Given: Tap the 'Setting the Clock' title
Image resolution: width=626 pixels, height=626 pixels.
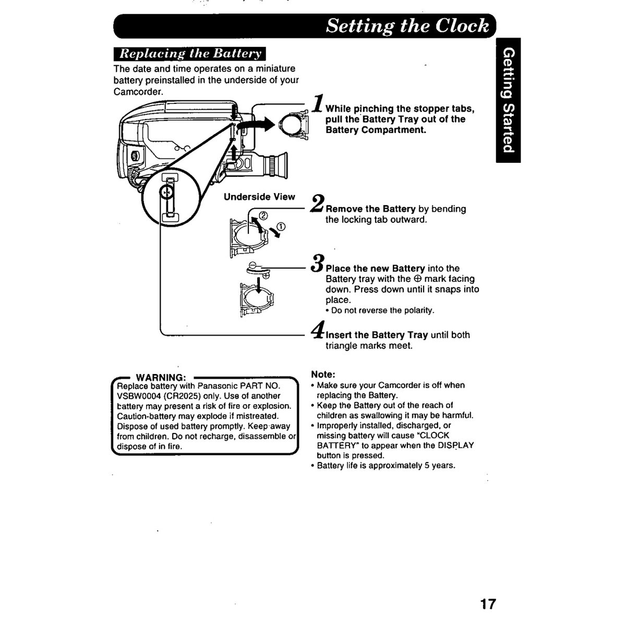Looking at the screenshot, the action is point(407,26).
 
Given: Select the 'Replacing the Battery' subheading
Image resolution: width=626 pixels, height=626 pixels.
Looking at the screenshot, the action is point(190,54).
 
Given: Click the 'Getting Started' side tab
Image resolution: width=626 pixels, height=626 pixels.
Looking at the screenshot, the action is point(508,100).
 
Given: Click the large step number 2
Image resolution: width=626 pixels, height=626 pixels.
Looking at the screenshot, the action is point(317,203).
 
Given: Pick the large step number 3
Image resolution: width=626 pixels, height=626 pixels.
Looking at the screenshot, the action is point(317,263).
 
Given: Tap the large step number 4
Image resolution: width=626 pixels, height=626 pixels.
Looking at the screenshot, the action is point(318,329).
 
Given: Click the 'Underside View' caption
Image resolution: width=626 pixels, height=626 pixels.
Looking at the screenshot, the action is point(259,197).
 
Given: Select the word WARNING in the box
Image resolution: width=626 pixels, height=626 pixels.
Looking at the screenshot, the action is point(161,377).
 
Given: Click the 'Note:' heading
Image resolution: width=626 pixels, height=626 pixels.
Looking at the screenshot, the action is point(323,374).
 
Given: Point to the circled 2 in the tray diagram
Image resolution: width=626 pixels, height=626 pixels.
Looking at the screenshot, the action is point(263,215).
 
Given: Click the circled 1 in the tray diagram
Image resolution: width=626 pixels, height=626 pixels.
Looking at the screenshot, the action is point(281,227).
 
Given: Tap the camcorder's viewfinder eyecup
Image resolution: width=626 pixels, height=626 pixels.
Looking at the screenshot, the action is point(280,165).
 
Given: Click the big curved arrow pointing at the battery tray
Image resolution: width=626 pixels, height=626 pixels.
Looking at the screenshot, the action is point(256,126).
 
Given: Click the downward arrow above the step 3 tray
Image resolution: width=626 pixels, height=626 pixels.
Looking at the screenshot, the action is point(259,285).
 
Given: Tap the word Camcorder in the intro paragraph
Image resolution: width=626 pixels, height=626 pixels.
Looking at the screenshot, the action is point(137,92).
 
